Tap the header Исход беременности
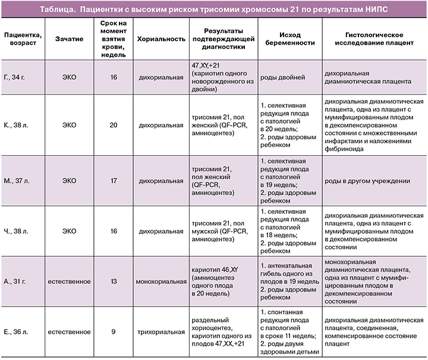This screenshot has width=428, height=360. coord(287,37)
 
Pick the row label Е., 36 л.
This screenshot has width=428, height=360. coord(16,331)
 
